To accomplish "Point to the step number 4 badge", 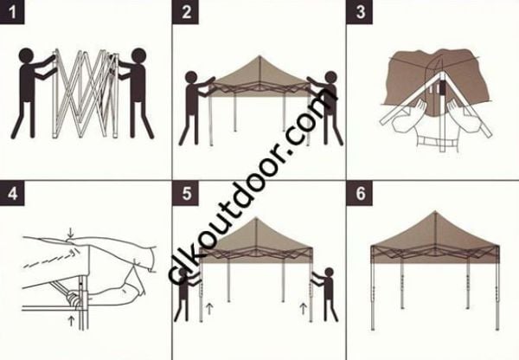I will (x=11, y=193).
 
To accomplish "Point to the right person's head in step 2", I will (x=329, y=79).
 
